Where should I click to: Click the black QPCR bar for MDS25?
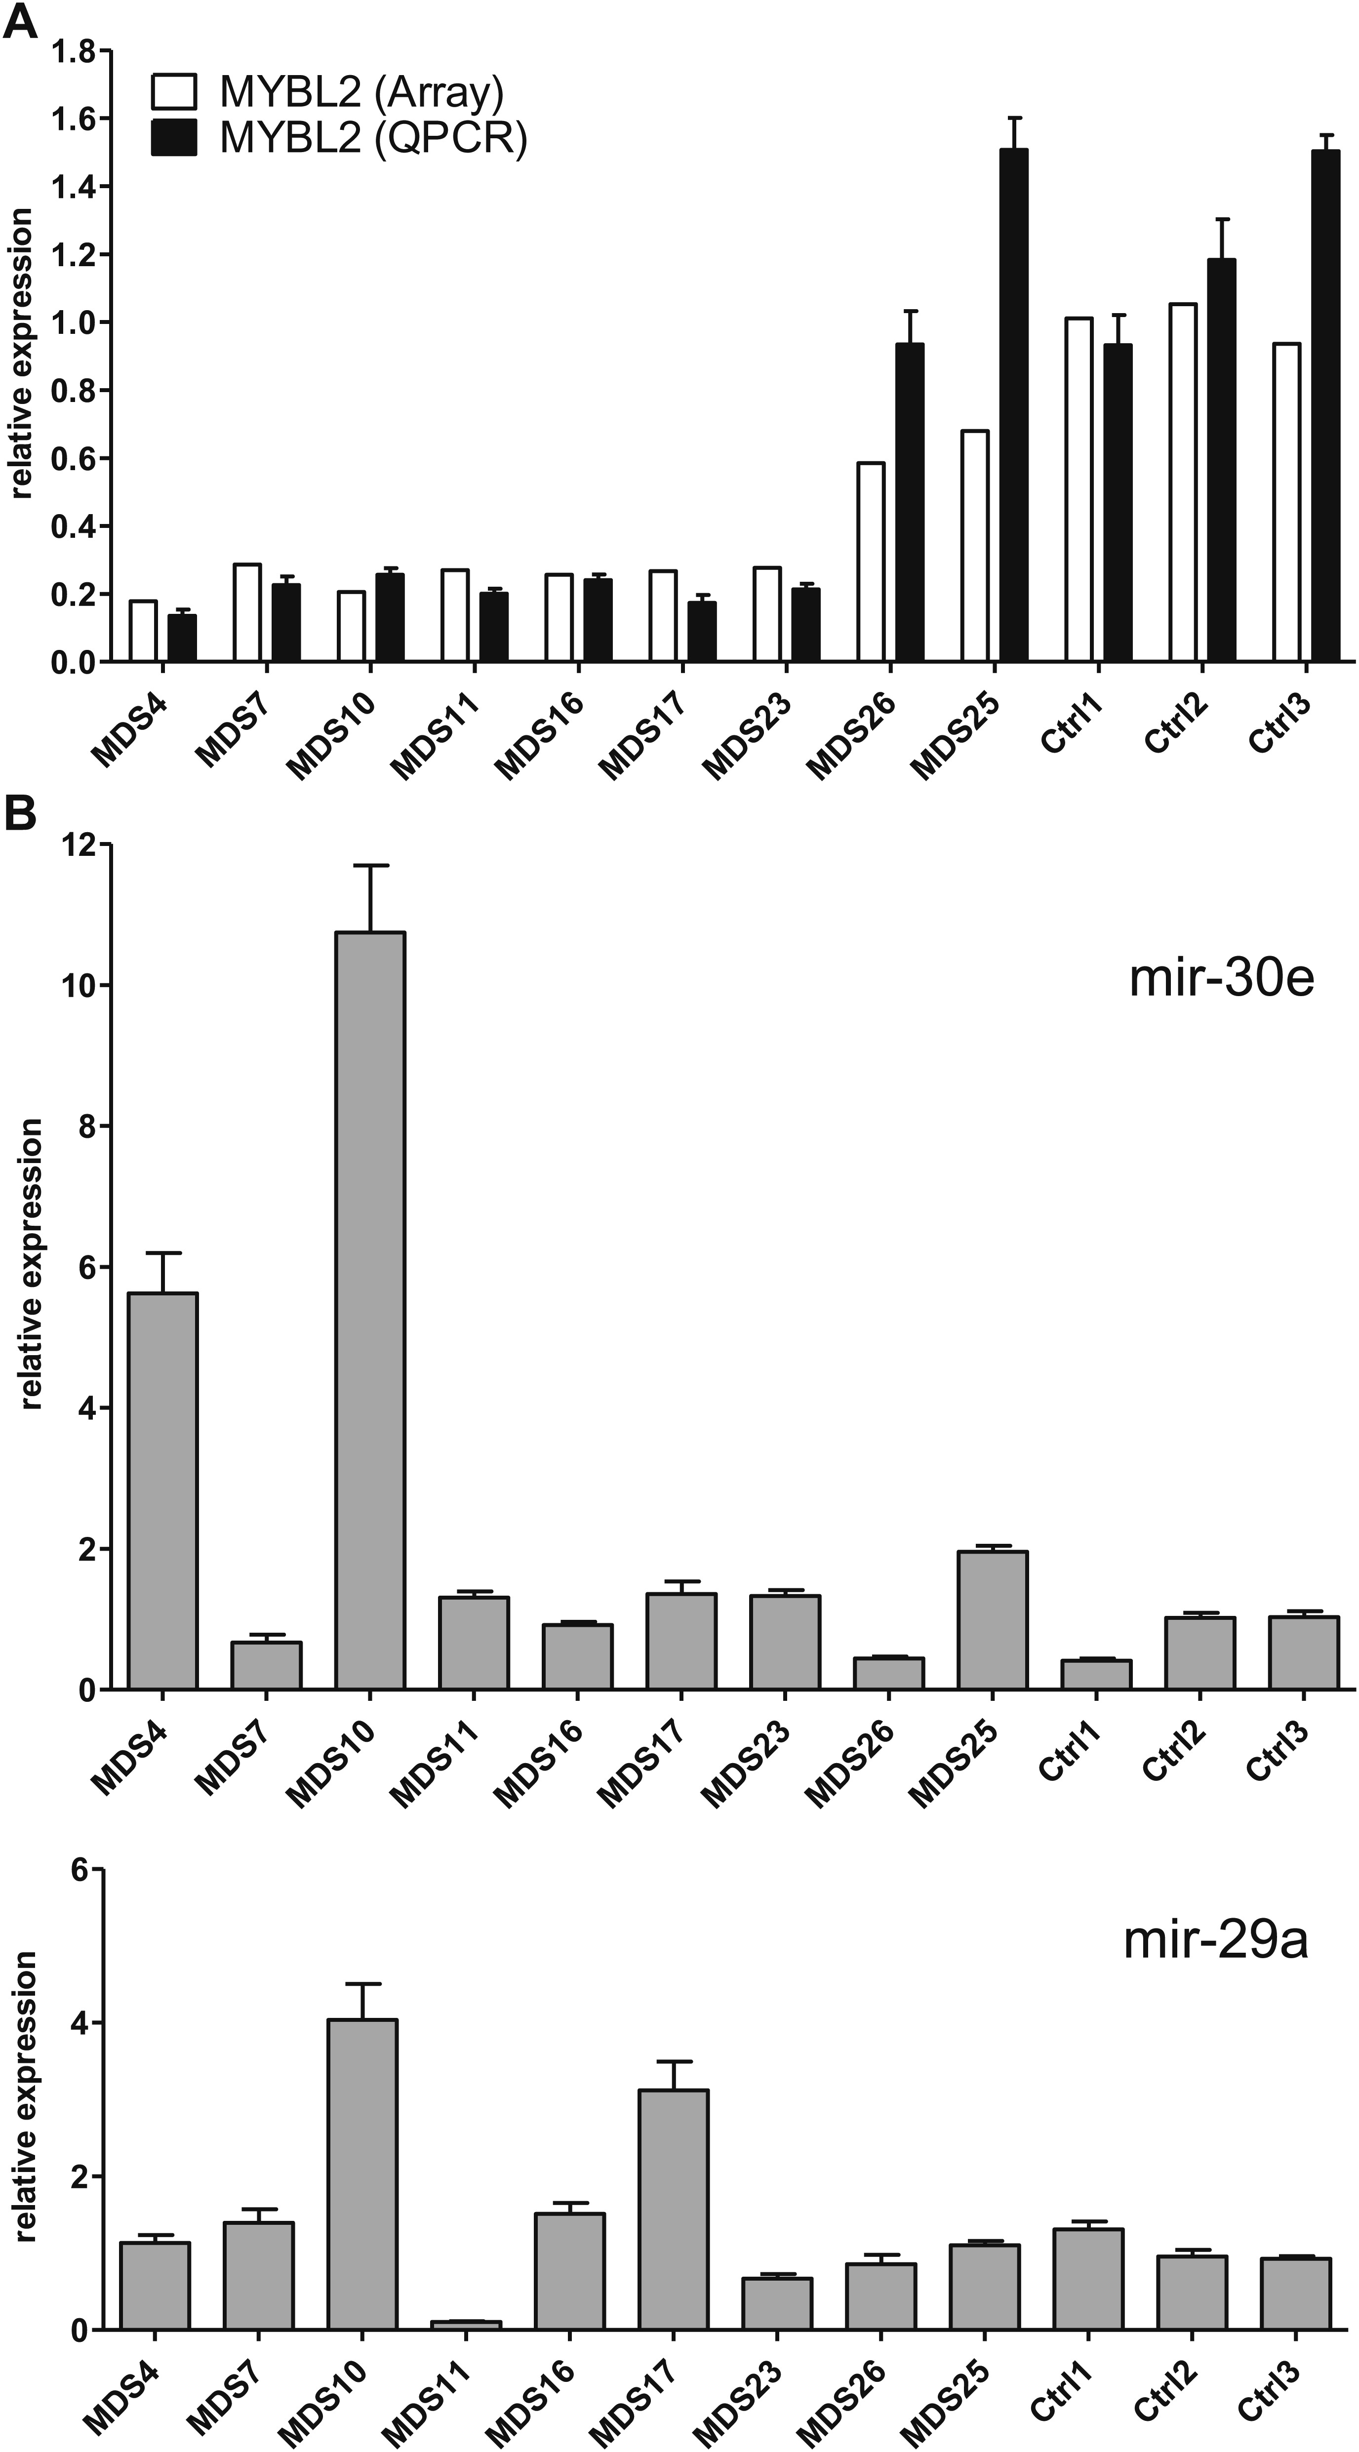[x=1013, y=404]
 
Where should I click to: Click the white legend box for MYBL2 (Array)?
[x=174, y=93]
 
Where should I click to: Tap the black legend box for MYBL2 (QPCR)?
[x=174, y=139]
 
